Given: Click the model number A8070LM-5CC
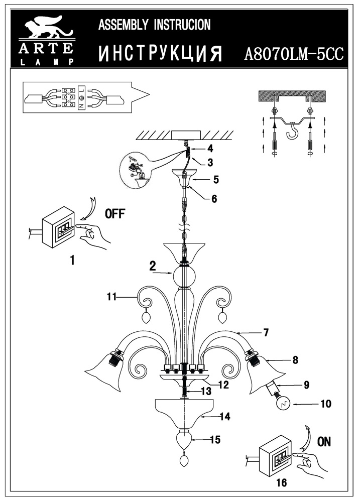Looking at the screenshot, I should tap(293, 54).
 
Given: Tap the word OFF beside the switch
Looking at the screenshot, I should tap(115, 214).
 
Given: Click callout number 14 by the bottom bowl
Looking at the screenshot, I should tap(224, 416).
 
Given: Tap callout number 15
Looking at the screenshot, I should tap(215, 440).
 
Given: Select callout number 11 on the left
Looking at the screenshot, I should tap(111, 297).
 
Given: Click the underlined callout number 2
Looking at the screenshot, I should tap(152, 267).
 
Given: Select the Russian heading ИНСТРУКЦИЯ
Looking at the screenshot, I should tap(160, 54).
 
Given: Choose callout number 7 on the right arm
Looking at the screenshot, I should tap(266, 332).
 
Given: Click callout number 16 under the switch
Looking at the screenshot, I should tap(281, 483).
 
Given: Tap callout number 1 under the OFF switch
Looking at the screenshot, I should tap(73, 260).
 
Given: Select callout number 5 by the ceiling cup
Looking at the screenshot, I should tap(216, 179).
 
